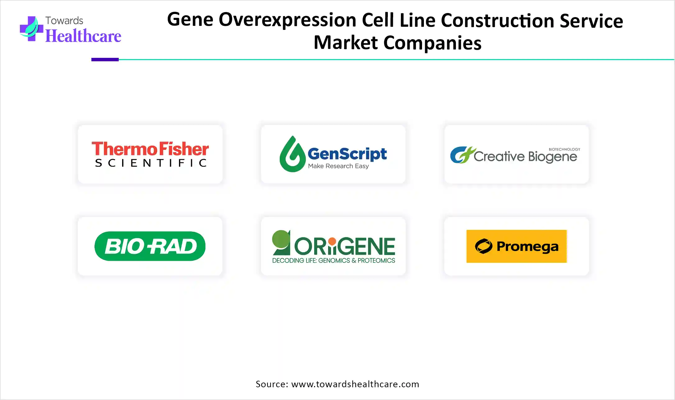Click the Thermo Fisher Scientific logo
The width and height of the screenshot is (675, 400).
point(150,154)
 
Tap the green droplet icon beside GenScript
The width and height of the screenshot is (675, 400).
point(292,154)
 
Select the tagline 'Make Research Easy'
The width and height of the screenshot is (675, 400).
point(338,166)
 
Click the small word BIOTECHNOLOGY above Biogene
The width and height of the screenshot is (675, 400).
point(564,149)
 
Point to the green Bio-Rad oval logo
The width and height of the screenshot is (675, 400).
point(150,246)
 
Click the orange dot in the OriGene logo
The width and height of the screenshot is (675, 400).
point(332,241)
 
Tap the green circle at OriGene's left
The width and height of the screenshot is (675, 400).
point(281,239)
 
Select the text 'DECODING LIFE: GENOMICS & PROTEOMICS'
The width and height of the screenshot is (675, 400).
point(333,260)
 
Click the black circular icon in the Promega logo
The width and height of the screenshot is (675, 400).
point(484,246)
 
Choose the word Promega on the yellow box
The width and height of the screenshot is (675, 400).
point(527,247)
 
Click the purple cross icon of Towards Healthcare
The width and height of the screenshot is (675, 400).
point(31,29)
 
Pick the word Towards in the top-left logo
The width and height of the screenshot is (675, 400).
point(64,21)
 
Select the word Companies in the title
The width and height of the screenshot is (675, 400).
point(432,43)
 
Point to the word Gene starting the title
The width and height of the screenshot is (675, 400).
point(190,19)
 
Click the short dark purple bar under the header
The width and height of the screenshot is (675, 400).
point(105,59)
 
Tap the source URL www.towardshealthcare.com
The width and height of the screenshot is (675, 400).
point(355,384)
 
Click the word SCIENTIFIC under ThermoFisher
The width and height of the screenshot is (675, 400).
point(151,163)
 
